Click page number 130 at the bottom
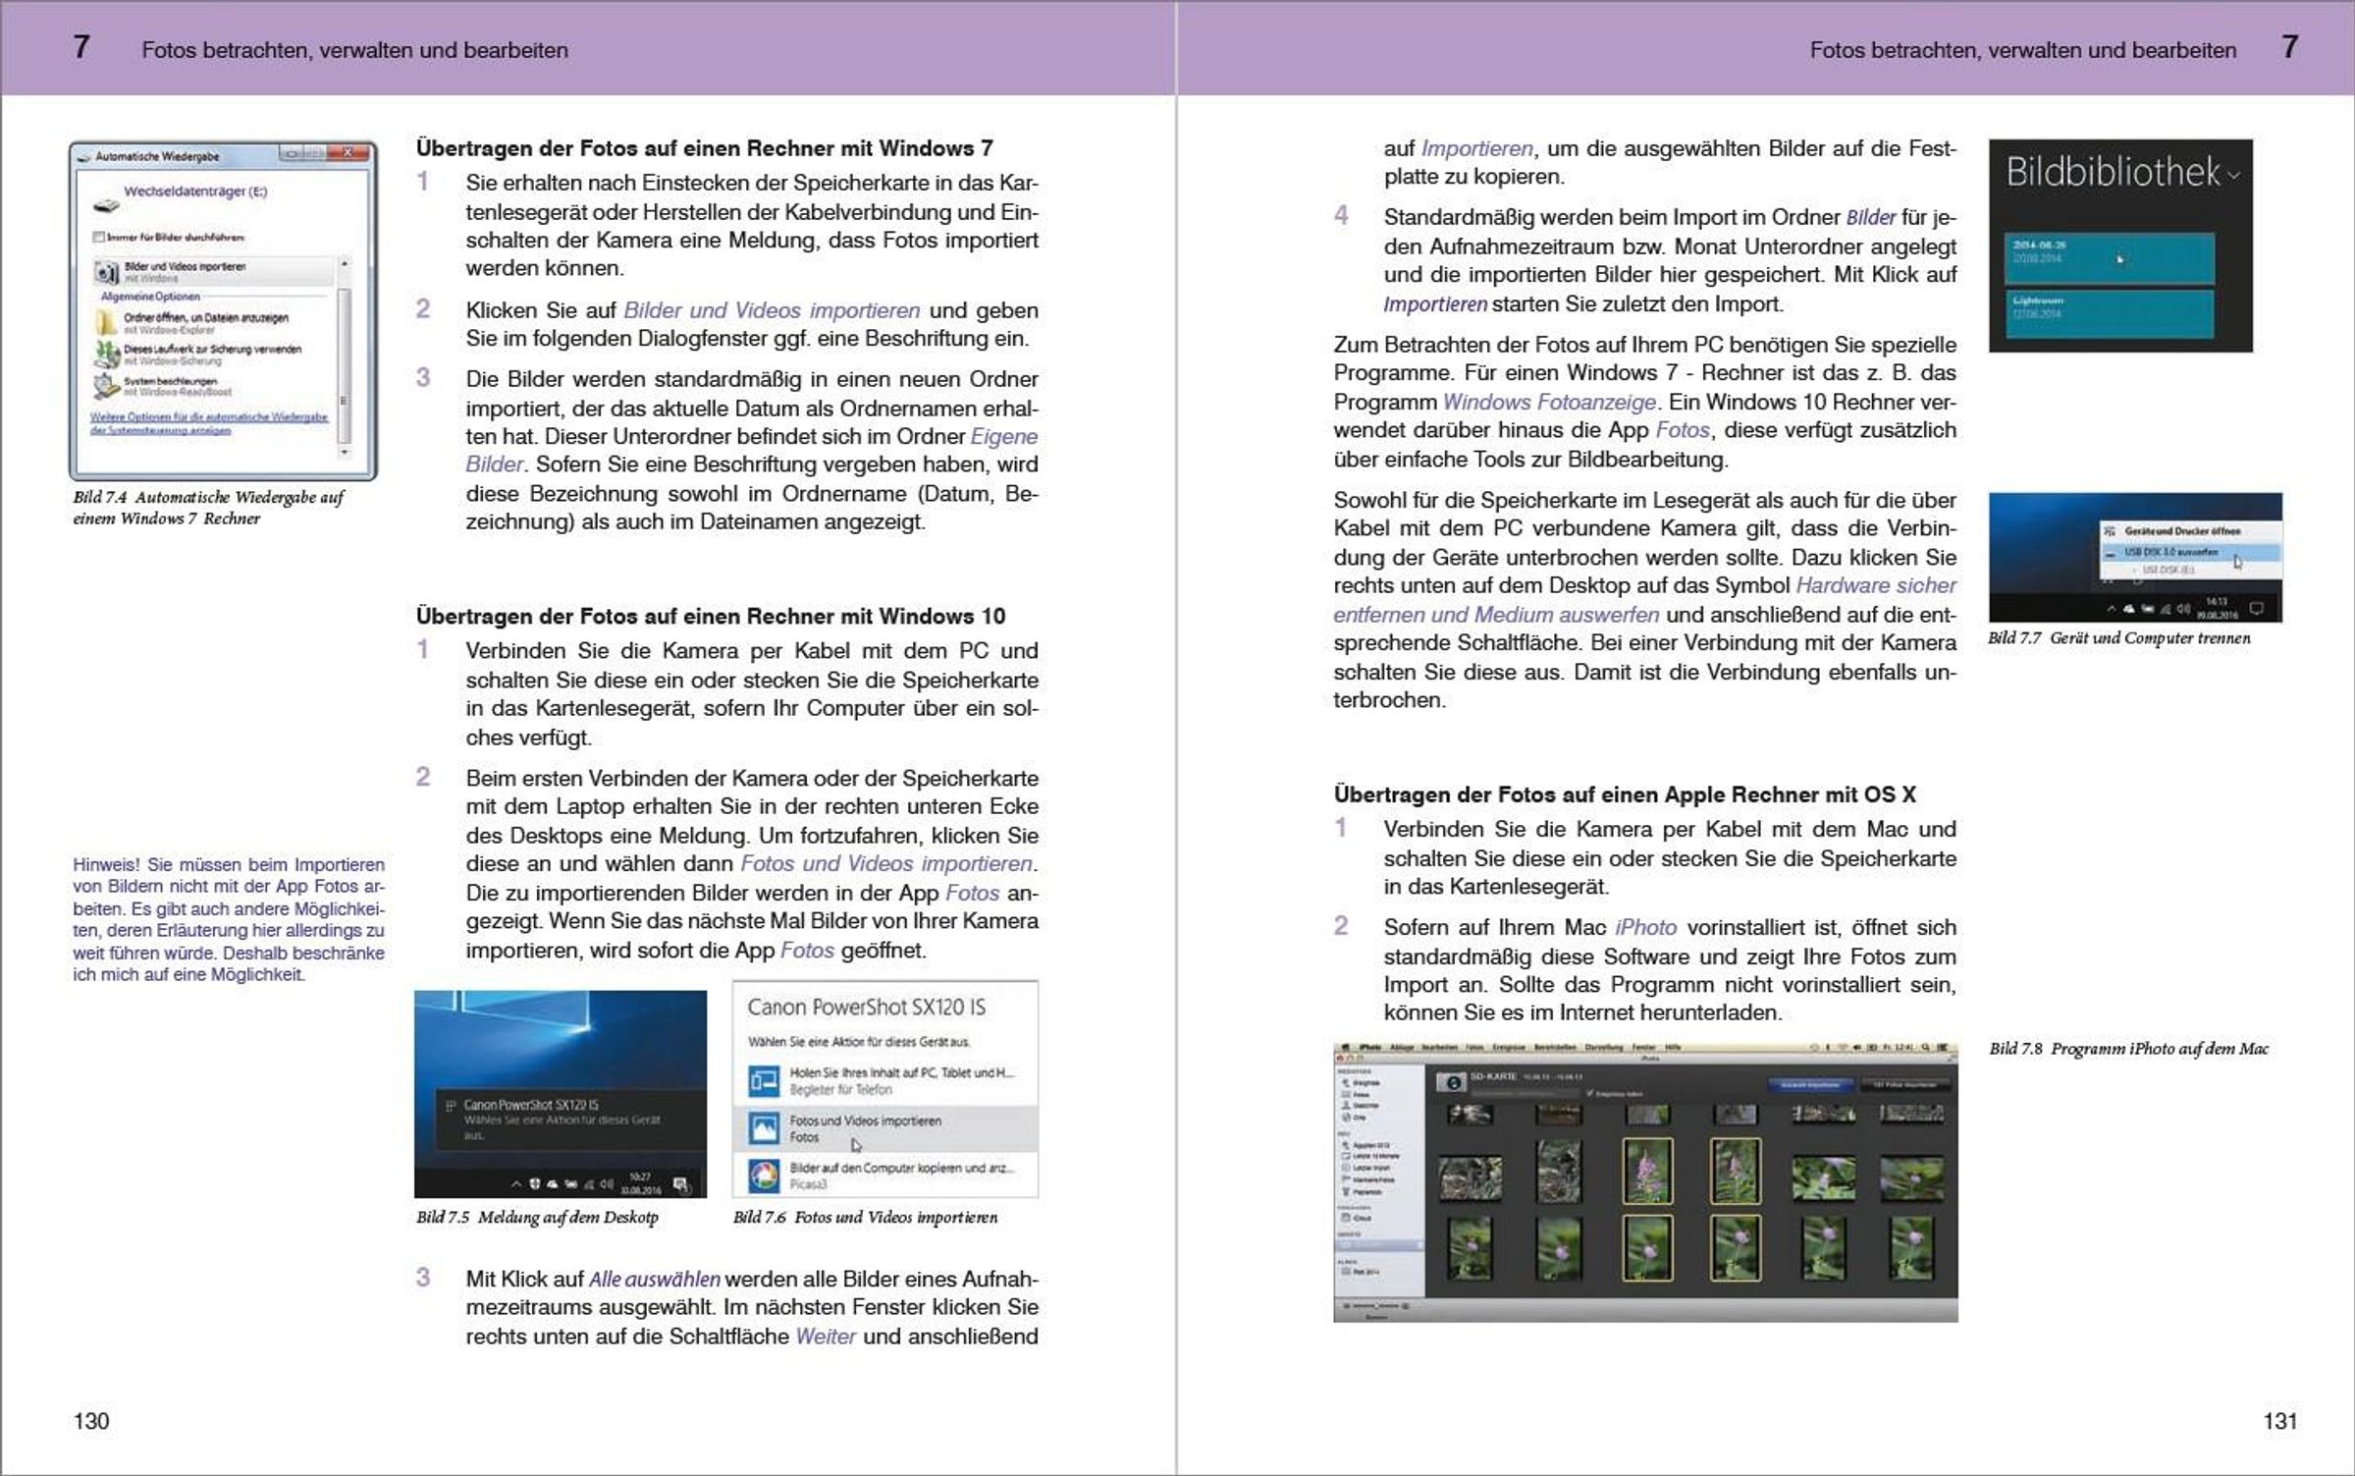coord(91,1421)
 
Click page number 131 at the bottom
coord(2279,1421)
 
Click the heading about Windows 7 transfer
coord(704,148)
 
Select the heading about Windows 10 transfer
coord(710,616)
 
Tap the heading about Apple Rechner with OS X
coord(1624,794)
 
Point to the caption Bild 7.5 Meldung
coord(537,1218)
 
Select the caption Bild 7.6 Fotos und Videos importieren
coord(865,1218)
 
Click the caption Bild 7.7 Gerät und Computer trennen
coord(2118,638)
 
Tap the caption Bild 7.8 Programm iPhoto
coord(2128,1049)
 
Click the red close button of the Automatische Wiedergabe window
coord(348,153)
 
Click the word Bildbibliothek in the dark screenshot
coord(2113,173)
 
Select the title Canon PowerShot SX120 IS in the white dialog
coord(866,1008)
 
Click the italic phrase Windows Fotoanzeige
coord(1549,402)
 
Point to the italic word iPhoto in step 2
coord(1645,928)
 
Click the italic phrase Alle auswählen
coord(654,1280)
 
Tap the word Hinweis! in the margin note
coord(108,865)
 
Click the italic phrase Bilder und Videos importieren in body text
coord(772,310)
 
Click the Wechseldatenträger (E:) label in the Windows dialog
coord(195,191)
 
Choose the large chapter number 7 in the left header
coord(81,47)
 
